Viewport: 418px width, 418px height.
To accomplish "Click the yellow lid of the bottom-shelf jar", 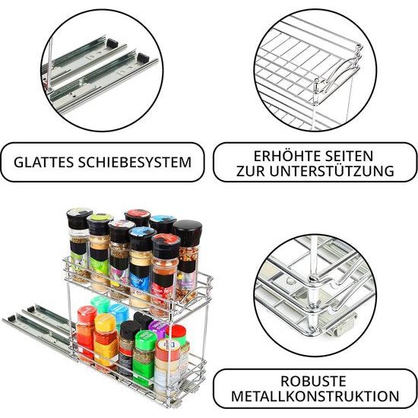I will coord(106,319).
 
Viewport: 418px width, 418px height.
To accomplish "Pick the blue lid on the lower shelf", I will coord(119,310).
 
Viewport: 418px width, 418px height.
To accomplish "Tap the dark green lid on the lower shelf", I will coord(145,332).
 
